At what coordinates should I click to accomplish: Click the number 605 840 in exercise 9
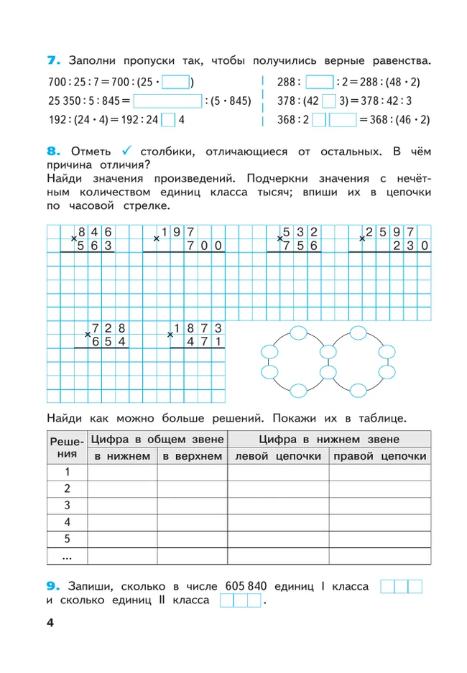[x=246, y=587]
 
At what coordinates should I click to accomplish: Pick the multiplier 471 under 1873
[x=203, y=342]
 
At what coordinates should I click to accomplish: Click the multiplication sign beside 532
[x=279, y=238]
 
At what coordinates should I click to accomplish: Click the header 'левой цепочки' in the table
[x=277, y=457]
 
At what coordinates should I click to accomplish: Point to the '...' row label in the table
[x=67, y=556]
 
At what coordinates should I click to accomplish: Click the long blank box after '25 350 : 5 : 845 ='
[x=167, y=101]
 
